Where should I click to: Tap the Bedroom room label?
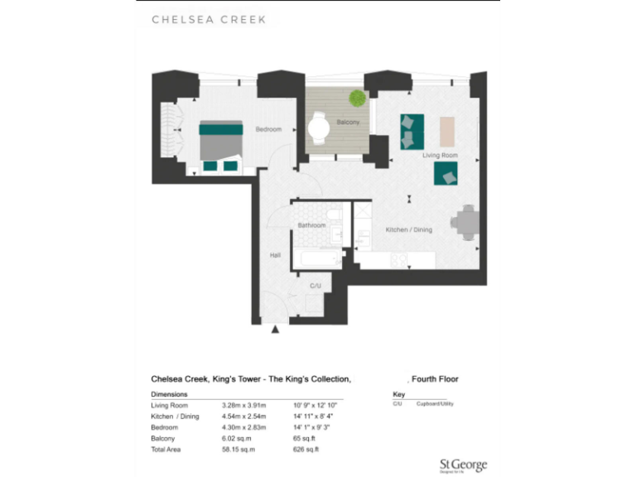click(268, 129)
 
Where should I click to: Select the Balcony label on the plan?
click(348, 123)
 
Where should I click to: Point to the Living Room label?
click(440, 155)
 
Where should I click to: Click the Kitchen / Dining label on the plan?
click(409, 229)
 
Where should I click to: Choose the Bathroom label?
click(312, 225)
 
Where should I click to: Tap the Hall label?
click(275, 256)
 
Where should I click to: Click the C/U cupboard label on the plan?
click(315, 285)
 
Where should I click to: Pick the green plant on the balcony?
click(357, 99)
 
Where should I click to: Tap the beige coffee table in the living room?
click(447, 130)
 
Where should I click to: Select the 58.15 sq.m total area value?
click(238, 449)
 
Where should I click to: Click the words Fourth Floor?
click(435, 379)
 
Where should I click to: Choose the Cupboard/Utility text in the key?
click(435, 405)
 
